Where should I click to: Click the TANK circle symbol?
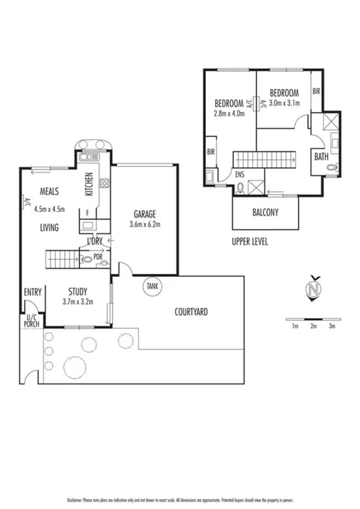pyautogui.click(x=152, y=286)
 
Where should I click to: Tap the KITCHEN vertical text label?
pyautogui.click(x=89, y=183)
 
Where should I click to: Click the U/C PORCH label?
pyautogui.click(x=32, y=320)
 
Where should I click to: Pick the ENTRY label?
pyautogui.click(x=33, y=292)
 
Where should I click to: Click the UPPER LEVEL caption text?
pyautogui.click(x=250, y=241)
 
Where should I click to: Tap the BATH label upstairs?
pyautogui.click(x=321, y=156)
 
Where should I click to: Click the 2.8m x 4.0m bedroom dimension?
pyautogui.click(x=229, y=114)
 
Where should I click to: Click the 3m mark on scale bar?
pyautogui.click(x=331, y=326)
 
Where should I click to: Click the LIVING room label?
pyautogui.click(x=52, y=227)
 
